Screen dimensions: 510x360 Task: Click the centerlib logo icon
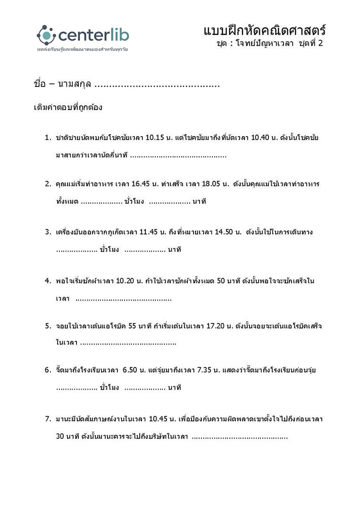point(46,34)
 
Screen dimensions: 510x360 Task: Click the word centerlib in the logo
point(93,35)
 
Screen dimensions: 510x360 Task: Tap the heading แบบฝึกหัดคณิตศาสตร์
point(265,31)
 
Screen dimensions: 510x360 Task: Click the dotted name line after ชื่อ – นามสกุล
point(157,85)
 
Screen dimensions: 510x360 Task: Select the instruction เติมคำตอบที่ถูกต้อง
point(68,107)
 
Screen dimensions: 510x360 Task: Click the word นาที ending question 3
point(175,249)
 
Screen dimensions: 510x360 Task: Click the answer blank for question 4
point(124,298)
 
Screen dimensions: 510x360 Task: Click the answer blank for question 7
point(240,437)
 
